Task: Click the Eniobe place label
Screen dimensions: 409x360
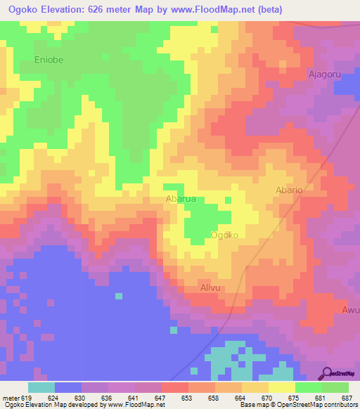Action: (x=49, y=60)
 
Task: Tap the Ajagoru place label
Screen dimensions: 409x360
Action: (x=324, y=73)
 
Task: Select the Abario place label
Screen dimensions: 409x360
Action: (x=288, y=190)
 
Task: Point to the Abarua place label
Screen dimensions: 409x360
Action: (x=180, y=200)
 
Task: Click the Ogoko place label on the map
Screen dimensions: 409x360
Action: (x=229, y=235)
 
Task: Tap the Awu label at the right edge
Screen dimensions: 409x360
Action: (x=350, y=310)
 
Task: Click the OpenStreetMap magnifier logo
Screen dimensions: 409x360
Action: (x=328, y=372)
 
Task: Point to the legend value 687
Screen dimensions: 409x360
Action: (x=348, y=397)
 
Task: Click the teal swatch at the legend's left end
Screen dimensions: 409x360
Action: (x=41, y=387)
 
